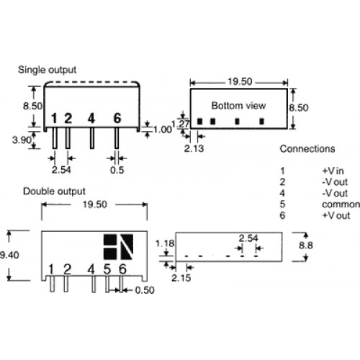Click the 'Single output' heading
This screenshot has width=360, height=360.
point(47,70)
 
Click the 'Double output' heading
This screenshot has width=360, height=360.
point(54,192)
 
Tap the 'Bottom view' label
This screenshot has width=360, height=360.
point(238,106)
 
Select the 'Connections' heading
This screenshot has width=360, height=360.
point(307,149)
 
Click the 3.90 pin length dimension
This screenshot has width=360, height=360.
point(22,140)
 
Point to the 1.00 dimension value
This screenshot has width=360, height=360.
point(163,130)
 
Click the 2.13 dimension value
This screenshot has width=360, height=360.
point(194,148)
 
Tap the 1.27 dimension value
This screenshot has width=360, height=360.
point(181,124)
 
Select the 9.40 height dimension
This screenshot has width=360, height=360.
point(9,255)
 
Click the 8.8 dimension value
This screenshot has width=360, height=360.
point(306,246)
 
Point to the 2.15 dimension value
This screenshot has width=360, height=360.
point(181,278)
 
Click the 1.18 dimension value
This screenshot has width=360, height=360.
point(165,243)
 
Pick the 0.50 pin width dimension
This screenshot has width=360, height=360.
point(145,290)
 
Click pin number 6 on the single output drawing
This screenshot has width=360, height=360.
point(117,118)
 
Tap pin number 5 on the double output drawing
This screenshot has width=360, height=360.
point(107,269)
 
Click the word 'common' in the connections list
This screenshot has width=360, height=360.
point(341,204)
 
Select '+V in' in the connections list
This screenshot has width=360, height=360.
point(333,171)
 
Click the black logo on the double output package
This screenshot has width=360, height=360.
point(118,247)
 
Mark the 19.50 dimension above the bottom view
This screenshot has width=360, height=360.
point(240,81)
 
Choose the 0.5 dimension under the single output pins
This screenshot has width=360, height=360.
point(117,170)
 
